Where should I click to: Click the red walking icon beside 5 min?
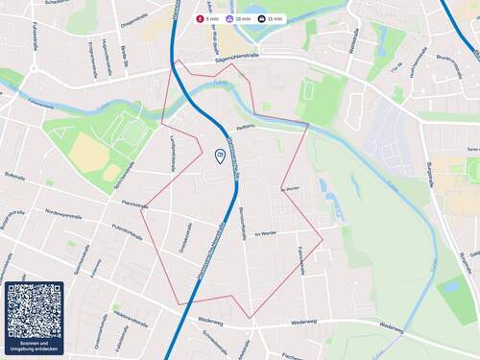(x=200, y=18)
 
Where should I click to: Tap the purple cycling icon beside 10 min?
(x=229, y=18)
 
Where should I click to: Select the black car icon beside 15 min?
(x=261, y=18)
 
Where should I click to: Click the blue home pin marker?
(x=220, y=156)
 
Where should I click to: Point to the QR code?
(x=34, y=310)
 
